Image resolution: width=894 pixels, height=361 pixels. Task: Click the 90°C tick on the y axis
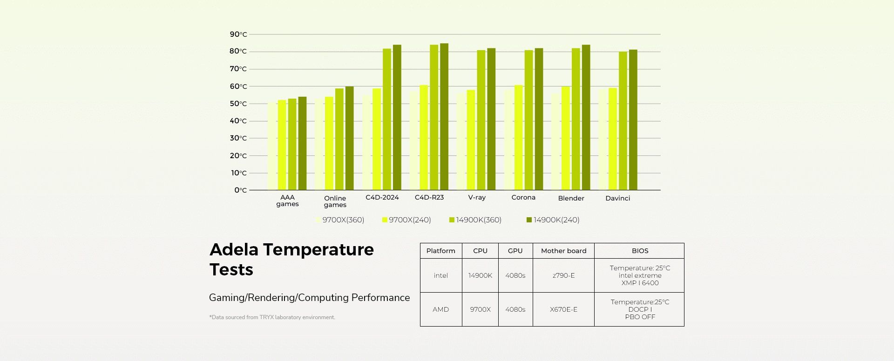pyautogui.click(x=238, y=34)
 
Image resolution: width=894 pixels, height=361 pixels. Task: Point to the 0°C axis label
pyautogui.click(x=240, y=190)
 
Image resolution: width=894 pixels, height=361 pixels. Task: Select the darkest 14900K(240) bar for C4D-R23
pyautogui.click(x=444, y=116)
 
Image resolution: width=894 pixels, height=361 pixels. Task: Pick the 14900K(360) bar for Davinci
pyautogui.click(x=623, y=121)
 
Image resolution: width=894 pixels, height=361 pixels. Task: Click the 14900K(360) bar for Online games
pyautogui.click(x=339, y=139)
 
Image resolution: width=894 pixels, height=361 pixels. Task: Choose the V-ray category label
pyautogui.click(x=477, y=198)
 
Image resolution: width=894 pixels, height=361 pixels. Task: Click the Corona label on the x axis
pyautogui.click(x=523, y=198)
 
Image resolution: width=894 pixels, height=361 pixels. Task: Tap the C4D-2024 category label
pyautogui.click(x=382, y=198)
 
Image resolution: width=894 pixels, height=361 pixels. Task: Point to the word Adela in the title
pyautogui.click(x=234, y=250)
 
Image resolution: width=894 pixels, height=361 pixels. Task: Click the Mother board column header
pyautogui.click(x=563, y=251)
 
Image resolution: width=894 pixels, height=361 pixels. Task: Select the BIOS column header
pyautogui.click(x=640, y=251)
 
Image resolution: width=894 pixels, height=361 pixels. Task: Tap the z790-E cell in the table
pyautogui.click(x=563, y=276)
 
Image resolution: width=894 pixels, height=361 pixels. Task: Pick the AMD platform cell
pyautogui.click(x=440, y=310)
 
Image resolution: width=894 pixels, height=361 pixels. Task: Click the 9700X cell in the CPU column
pyautogui.click(x=480, y=310)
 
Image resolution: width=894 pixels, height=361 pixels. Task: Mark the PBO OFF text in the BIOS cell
pyautogui.click(x=640, y=317)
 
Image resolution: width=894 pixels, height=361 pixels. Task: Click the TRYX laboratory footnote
pyautogui.click(x=272, y=318)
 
